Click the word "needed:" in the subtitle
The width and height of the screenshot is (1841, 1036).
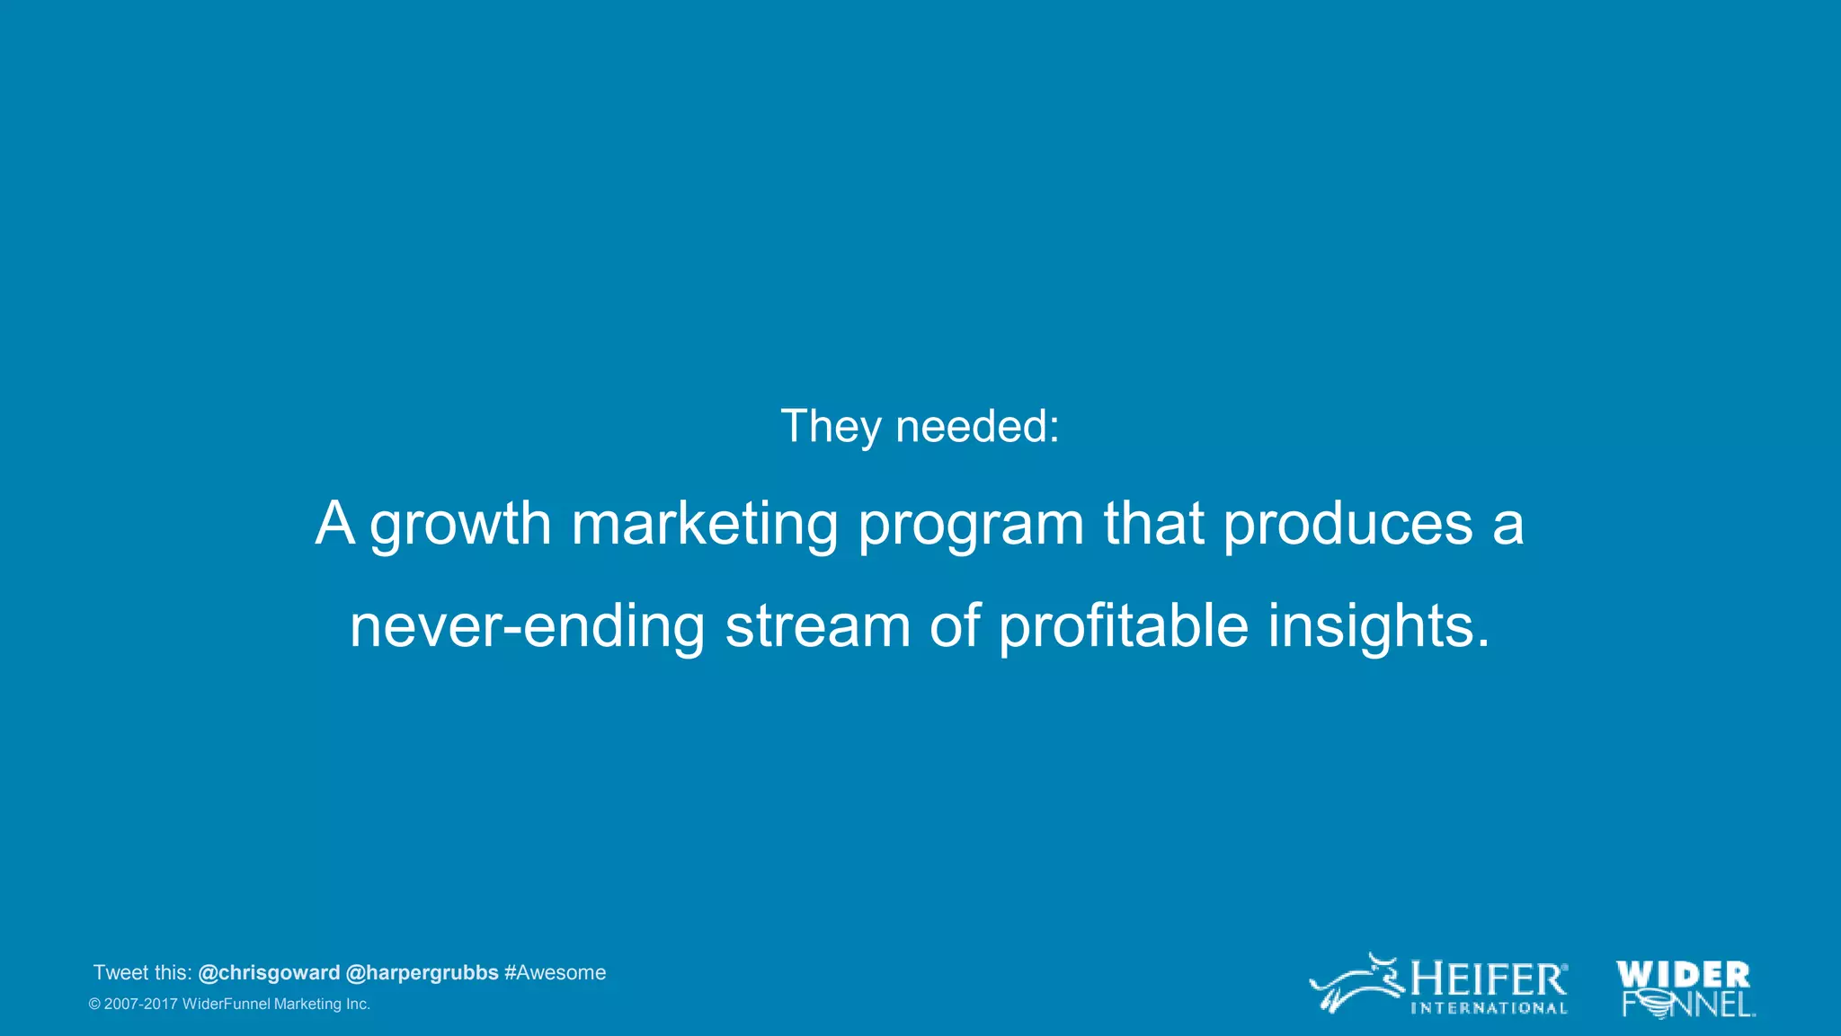(977, 426)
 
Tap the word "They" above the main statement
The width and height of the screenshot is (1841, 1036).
(831, 426)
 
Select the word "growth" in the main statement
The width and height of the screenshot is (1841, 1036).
(460, 525)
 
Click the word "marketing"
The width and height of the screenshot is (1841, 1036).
(705, 525)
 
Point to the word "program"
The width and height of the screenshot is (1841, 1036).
(971, 525)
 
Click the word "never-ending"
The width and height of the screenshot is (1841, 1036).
(527, 626)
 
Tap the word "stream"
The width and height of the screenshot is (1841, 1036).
(817, 626)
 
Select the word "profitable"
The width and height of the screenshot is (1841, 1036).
(1124, 626)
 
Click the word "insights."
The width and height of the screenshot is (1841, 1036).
(1378, 626)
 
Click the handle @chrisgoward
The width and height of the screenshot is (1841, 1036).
(269, 973)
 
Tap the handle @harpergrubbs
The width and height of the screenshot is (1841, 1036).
(422, 973)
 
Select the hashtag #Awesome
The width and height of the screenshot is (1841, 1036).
(555, 973)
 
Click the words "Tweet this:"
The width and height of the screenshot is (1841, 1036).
(142, 973)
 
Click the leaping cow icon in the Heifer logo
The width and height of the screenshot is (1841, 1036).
(1356, 985)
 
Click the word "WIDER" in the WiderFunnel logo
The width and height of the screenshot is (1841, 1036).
(1682, 975)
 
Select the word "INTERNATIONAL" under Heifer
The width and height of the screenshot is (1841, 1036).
(1489, 1008)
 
